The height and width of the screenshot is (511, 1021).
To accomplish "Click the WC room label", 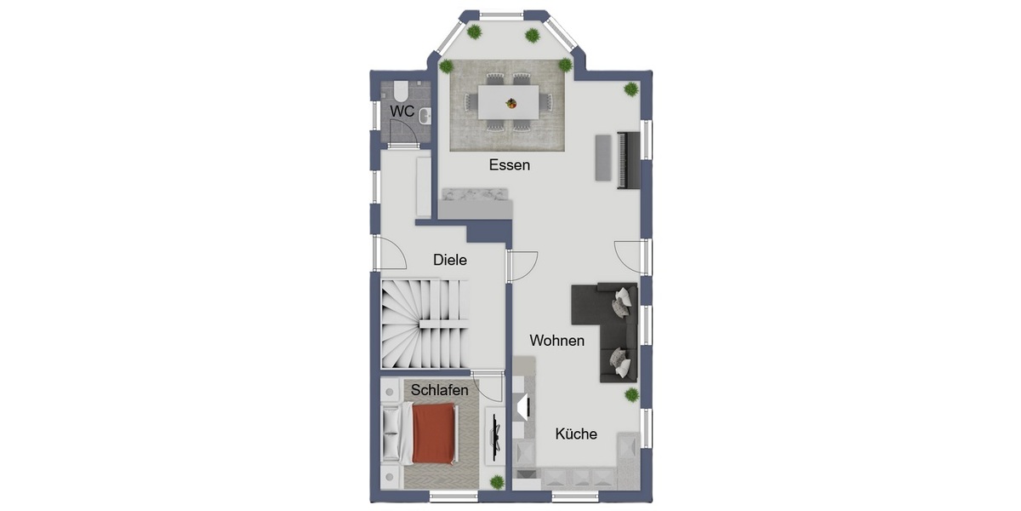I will (x=402, y=112).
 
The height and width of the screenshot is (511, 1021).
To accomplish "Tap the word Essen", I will (x=510, y=165).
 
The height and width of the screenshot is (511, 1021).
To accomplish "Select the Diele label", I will (x=450, y=260).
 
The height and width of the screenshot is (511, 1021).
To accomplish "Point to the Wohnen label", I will (x=557, y=341).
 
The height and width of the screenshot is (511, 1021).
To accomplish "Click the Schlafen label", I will (x=440, y=389).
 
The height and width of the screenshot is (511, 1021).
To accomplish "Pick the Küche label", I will (x=576, y=433).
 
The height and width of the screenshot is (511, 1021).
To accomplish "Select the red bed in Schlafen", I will (x=434, y=433).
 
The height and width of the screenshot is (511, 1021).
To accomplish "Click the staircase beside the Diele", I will (x=423, y=323).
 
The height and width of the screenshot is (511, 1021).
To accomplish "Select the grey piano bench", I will (x=602, y=158).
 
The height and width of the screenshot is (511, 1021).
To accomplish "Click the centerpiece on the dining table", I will (x=511, y=104).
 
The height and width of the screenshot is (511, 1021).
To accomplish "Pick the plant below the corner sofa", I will (x=631, y=394).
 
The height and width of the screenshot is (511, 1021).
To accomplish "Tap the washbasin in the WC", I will (x=425, y=117).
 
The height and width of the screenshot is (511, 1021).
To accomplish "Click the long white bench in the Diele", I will (x=423, y=185).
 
